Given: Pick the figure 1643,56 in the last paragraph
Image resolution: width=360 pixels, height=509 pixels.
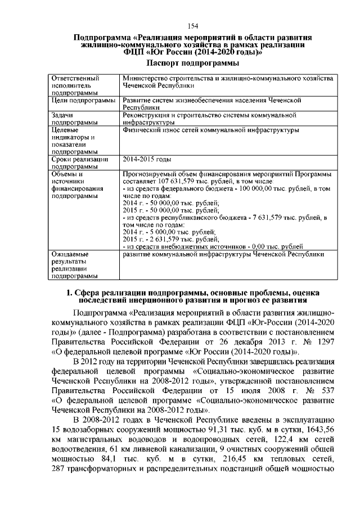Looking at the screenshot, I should click(321, 430).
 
